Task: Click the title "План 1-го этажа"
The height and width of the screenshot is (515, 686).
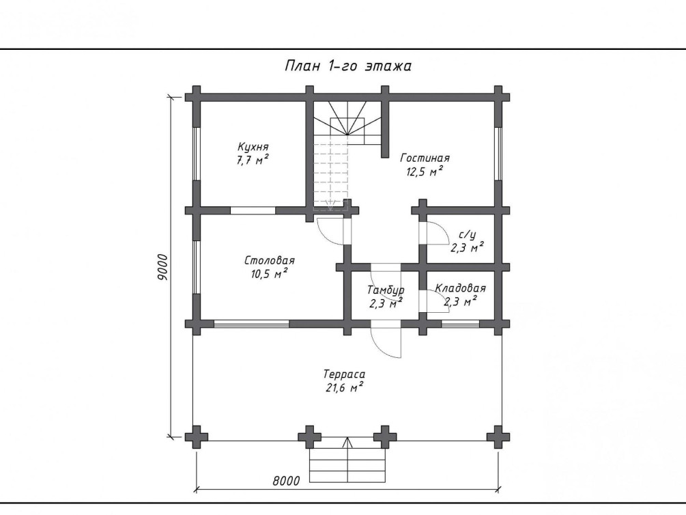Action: click(x=348, y=66)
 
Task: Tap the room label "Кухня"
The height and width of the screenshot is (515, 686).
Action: click(x=253, y=146)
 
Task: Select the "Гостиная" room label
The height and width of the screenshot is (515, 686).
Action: click(x=425, y=158)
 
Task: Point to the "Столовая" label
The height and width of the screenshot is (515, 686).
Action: click(x=270, y=260)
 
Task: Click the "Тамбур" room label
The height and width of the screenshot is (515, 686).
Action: click(x=386, y=290)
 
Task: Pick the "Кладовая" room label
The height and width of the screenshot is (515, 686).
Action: click(x=460, y=288)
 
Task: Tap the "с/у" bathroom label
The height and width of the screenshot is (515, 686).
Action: click(x=468, y=235)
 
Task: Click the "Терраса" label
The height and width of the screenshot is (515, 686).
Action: click(x=344, y=374)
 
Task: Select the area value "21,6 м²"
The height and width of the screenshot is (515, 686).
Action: click(x=345, y=387)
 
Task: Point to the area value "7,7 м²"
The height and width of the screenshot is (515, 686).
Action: click(x=253, y=159)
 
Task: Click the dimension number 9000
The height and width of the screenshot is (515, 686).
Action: click(x=162, y=267)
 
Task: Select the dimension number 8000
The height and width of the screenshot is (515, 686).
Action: click(x=287, y=481)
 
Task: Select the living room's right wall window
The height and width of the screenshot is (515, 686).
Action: click(x=498, y=154)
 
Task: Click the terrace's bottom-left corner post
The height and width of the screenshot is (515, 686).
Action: click(x=197, y=436)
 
